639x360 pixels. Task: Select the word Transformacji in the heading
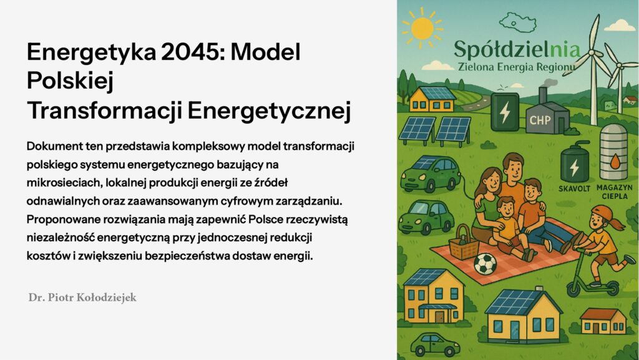pos(104,110)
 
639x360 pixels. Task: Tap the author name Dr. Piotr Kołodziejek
pos(82,298)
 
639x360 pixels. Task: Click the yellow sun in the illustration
pos(422,28)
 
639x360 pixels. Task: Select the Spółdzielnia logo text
pos(517,50)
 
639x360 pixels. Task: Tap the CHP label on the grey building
pos(540,120)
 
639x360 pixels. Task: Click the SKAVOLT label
pos(574,189)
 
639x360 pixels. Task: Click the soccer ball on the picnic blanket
pos(485,263)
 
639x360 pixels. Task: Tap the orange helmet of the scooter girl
pos(601,212)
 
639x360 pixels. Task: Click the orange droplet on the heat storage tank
pos(615,162)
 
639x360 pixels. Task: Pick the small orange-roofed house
pos(603,321)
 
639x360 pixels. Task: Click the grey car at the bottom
pos(435,344)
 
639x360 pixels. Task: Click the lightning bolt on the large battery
pos(504,112)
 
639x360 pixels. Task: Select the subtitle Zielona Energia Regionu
pos(517,66)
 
